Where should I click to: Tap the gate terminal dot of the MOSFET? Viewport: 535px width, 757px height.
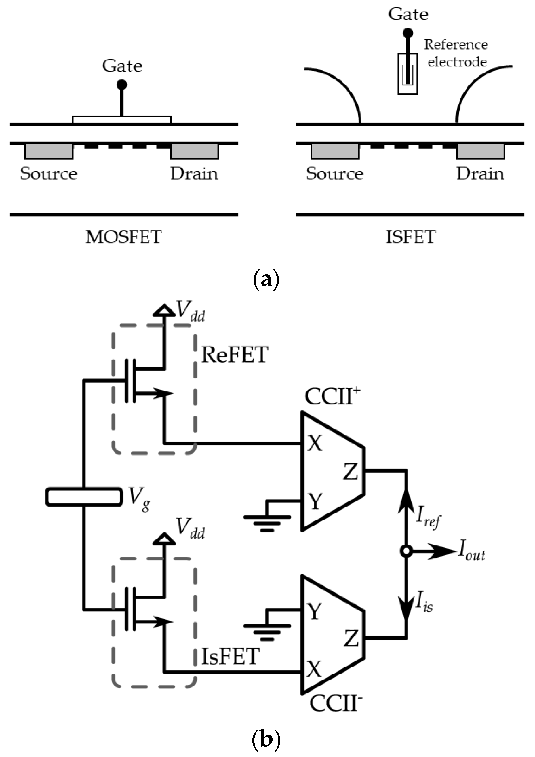(x=122, y=85)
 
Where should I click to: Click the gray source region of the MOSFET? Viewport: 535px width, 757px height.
(x=49, y=151)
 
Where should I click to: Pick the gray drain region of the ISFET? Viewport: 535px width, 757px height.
(x=481, y=151)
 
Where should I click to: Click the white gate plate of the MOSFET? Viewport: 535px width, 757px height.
(x=122, y=119)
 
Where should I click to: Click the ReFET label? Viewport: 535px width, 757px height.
(x=235, y=355)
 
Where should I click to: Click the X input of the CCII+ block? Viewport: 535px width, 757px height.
(x=315, y=444)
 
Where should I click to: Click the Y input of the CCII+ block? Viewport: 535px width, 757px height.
(x=315, y=501)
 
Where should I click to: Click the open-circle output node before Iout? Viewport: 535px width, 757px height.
(x=406, y=551)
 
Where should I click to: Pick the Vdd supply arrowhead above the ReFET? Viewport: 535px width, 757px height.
(x=164, y=311)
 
